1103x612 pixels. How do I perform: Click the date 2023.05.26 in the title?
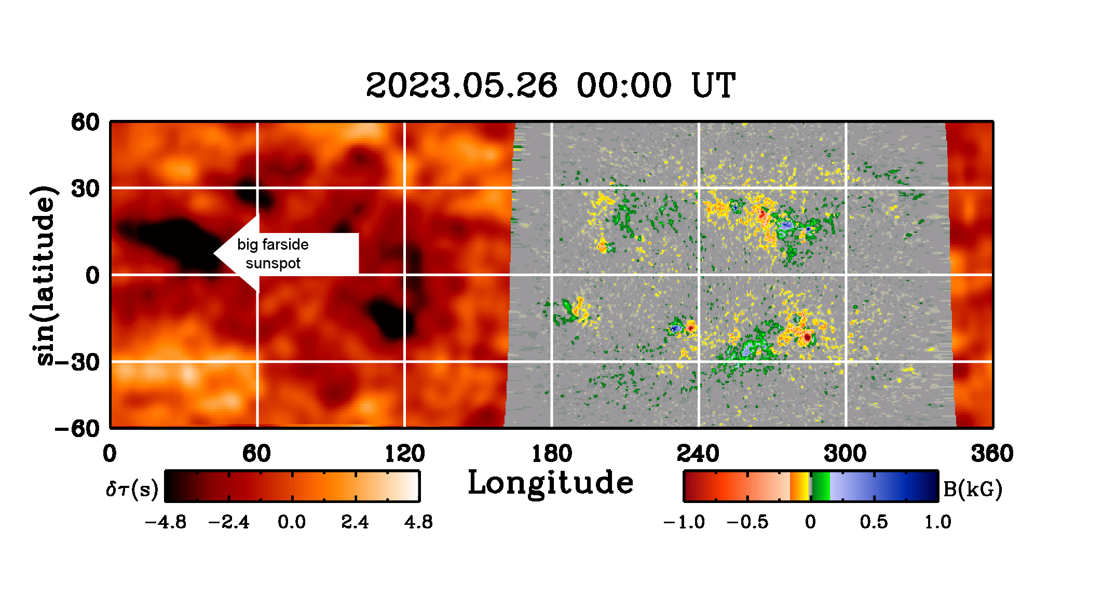point(461,85)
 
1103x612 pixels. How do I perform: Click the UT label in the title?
point(713,85)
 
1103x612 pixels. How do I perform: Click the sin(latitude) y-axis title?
point(44,275)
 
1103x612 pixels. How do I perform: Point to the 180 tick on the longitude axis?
point(552,454)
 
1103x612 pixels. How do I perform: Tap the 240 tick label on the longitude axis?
point(698,454)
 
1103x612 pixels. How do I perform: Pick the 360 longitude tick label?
point(992,454)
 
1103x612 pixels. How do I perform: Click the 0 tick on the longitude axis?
point(110,454)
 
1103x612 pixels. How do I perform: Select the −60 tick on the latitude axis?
point(77,429)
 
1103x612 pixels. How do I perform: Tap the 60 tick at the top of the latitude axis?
point(86,123)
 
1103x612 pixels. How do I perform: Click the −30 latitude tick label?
point(77,362)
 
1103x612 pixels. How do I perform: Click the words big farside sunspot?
point(273,254)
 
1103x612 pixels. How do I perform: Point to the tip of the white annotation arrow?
point(214,254)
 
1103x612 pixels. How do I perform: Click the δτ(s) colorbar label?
point(132,489)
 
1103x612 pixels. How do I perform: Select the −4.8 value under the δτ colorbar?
point(166,522)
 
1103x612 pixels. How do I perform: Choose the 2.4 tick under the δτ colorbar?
point(355,522)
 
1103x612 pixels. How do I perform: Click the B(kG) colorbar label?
point(972,489)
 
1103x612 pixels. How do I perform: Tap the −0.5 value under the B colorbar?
point(747,522)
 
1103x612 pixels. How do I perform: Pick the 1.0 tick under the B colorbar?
point(938,522)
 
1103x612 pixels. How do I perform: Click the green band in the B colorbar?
point(821,486)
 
